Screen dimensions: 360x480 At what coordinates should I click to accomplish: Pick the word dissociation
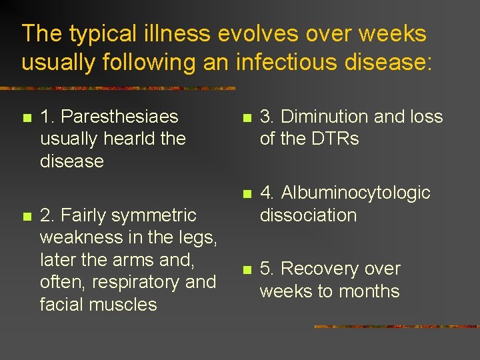(x=308, y=215)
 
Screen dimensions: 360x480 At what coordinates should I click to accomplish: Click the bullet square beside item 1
(x=26, y=118)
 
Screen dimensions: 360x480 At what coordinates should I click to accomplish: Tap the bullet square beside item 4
(x=246, y=194)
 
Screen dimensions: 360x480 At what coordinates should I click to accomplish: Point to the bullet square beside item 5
(x=246, y=270)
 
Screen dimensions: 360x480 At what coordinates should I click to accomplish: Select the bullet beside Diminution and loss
(x=246, y=118)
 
